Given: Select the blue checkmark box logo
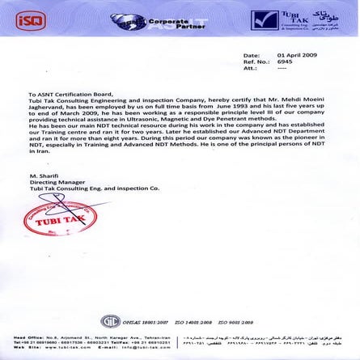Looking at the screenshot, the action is [264, 17].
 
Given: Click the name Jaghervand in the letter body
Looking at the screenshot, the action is [44, 107].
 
